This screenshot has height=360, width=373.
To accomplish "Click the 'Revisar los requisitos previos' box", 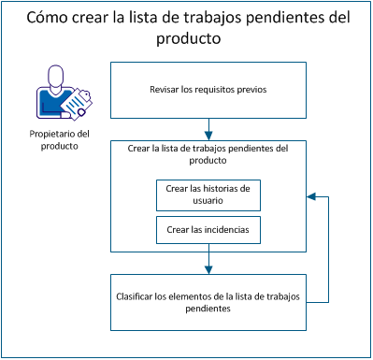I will [x=208, y=90].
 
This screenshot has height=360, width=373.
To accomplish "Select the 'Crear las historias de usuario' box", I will [x=208, y=194].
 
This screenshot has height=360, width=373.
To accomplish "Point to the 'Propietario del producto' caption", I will [x=58, y=140].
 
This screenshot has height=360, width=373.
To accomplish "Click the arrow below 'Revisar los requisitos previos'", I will [x=208, y=128].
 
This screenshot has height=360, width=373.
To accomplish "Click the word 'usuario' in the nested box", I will [x=208, y=200].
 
